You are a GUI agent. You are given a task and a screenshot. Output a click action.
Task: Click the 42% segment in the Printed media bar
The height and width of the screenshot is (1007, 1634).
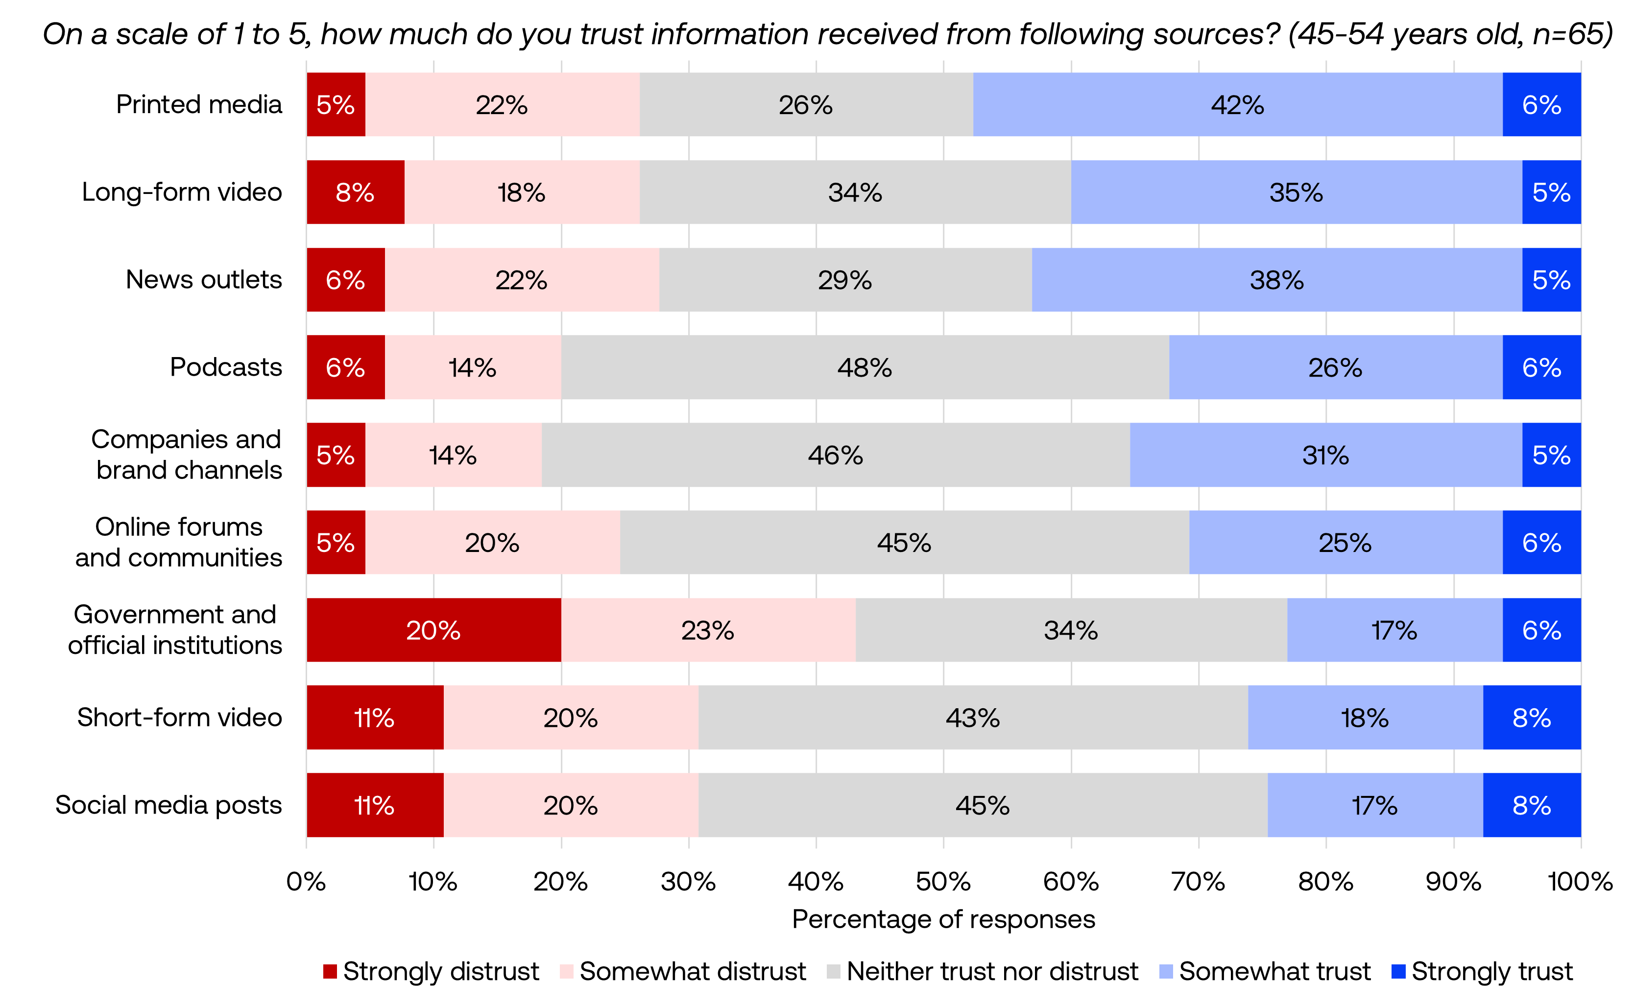click(1237, 104)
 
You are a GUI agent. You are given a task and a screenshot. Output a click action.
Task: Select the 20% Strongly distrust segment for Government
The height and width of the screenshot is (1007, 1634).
click(433, 630)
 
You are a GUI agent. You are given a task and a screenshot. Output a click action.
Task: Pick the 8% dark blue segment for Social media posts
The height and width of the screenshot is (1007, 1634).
click(1532, 805)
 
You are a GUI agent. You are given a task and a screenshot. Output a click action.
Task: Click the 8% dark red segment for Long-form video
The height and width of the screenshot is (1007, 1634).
click(355, 192)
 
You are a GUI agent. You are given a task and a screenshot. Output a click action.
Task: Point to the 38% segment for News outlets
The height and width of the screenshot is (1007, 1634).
click(1276, 280)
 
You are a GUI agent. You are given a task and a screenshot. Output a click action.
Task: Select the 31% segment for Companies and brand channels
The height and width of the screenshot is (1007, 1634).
click(1325, 455)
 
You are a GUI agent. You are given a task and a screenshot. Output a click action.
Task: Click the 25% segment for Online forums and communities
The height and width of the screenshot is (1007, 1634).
click(1345, 543)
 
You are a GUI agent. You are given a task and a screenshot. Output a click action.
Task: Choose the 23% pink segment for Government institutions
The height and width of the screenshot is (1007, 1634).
click(708, 630)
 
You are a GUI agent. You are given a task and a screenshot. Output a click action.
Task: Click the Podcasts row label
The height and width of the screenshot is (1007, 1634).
click(226, 367)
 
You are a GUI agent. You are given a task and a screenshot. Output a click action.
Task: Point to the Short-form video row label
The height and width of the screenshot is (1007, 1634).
click(179, 717)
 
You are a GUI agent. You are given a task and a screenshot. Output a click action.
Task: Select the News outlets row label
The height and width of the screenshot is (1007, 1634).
click(204, 280)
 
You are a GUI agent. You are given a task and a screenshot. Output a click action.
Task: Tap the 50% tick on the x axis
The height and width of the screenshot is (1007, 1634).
click(943, 882)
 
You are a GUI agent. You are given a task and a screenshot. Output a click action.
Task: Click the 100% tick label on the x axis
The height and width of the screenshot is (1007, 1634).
click(1580, 882)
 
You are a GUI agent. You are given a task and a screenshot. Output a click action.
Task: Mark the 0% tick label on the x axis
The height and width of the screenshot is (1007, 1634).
click(306, 882)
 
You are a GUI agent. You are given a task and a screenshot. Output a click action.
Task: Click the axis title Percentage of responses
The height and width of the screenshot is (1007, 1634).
click(943, 919)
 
